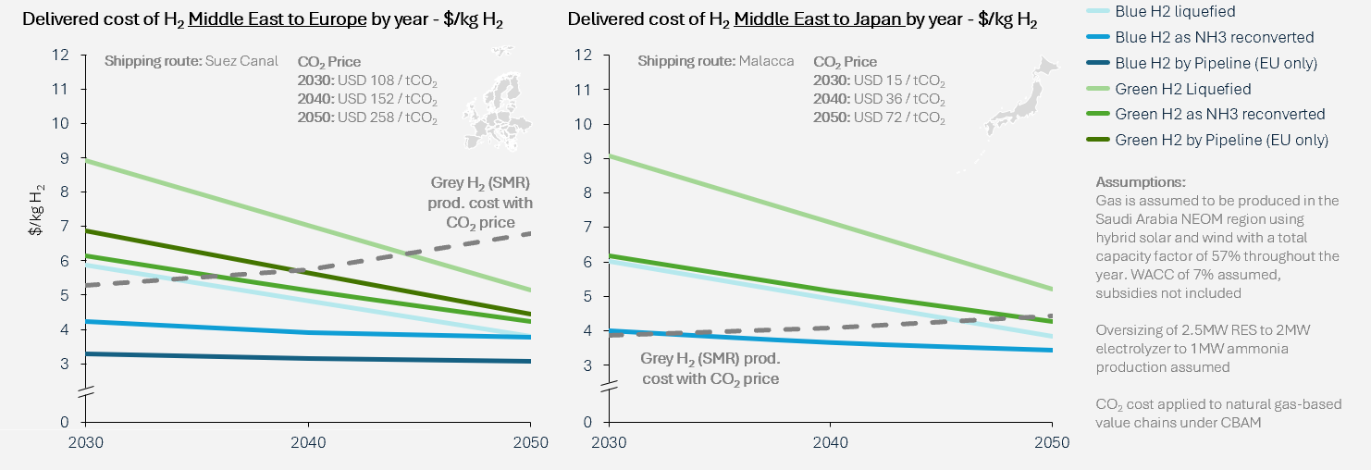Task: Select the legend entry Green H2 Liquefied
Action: point(1183,89)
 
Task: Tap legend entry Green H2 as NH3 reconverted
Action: point(1220,114)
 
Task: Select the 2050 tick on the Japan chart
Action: point(1051,442)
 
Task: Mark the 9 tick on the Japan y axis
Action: point(586,158)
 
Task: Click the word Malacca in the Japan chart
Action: point(766,62)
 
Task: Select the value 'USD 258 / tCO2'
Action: point(387,118)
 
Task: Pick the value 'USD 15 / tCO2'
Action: point(897,80)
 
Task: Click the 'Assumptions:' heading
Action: point(1140,182)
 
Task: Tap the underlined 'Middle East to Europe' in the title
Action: point(266,19)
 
